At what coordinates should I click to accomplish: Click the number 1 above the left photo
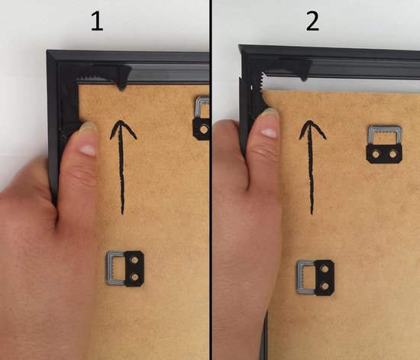click(97, 21)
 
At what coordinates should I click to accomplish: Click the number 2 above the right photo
click(312, 21)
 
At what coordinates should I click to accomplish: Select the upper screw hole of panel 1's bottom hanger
click(134, 259)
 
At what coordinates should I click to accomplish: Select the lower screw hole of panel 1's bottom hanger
click(134, 277)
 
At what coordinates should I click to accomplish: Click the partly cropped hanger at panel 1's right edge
click(202, 118)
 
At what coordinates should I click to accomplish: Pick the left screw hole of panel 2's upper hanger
click(376, 154)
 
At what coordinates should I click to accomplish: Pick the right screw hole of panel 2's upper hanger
click(393, 154)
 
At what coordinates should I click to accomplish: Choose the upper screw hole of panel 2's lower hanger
click(325, 268)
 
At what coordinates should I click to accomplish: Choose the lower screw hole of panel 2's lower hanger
click(325, 286)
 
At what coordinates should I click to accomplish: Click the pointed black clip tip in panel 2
click(303, 79)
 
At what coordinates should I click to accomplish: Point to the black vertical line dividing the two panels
click(211, 180)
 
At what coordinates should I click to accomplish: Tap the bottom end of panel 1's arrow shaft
click(123, 213)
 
